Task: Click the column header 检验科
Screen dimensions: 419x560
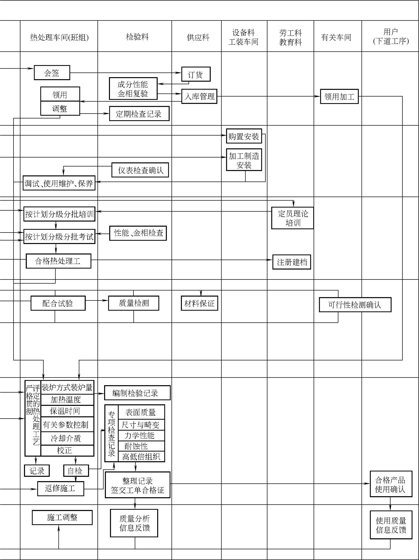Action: click(137, 37)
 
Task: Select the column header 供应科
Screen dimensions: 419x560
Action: click(198, 38)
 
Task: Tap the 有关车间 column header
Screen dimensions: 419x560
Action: click(336, 38)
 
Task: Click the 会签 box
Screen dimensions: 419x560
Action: click(52, 73)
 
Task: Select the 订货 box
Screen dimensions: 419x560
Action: click(196, 74)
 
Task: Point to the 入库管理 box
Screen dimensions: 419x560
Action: click(199, 96)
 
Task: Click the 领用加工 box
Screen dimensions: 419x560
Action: click(339, 96)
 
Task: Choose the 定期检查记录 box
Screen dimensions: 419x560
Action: click(139, 114)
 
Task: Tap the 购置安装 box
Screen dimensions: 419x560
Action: click(244, 136)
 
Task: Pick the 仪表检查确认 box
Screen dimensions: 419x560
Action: click(140, 170)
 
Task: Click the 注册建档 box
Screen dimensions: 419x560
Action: click(291, 262)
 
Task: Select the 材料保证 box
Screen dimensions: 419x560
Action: click(199, 303)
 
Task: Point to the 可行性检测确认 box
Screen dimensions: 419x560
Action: click(355, 305)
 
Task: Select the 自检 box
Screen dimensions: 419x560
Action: click(76, 471)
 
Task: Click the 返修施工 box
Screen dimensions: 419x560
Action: click(60, 489)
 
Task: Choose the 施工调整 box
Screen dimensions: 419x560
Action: click(62, 517)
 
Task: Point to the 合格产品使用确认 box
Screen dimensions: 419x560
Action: click(391, 484)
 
